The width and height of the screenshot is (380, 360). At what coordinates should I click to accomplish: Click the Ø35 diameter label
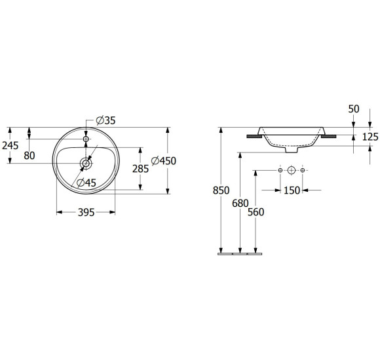pos(106,120)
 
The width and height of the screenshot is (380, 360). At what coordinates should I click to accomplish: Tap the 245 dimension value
pos(10,145)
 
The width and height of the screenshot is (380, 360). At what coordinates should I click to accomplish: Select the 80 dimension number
pos(29,156)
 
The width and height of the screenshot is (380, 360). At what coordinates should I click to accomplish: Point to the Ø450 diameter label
pos(164,161)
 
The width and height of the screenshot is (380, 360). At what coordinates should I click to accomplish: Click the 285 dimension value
pos(141,169)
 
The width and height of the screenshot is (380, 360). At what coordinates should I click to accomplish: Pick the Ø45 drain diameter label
pos(86,183)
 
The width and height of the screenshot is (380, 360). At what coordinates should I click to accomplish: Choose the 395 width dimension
pos(86,213)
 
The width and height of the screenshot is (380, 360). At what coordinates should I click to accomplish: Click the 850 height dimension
pos(221,190)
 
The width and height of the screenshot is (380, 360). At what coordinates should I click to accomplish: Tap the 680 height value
pos(240,204)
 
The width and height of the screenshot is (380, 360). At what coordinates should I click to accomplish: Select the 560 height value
pos(256,212)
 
